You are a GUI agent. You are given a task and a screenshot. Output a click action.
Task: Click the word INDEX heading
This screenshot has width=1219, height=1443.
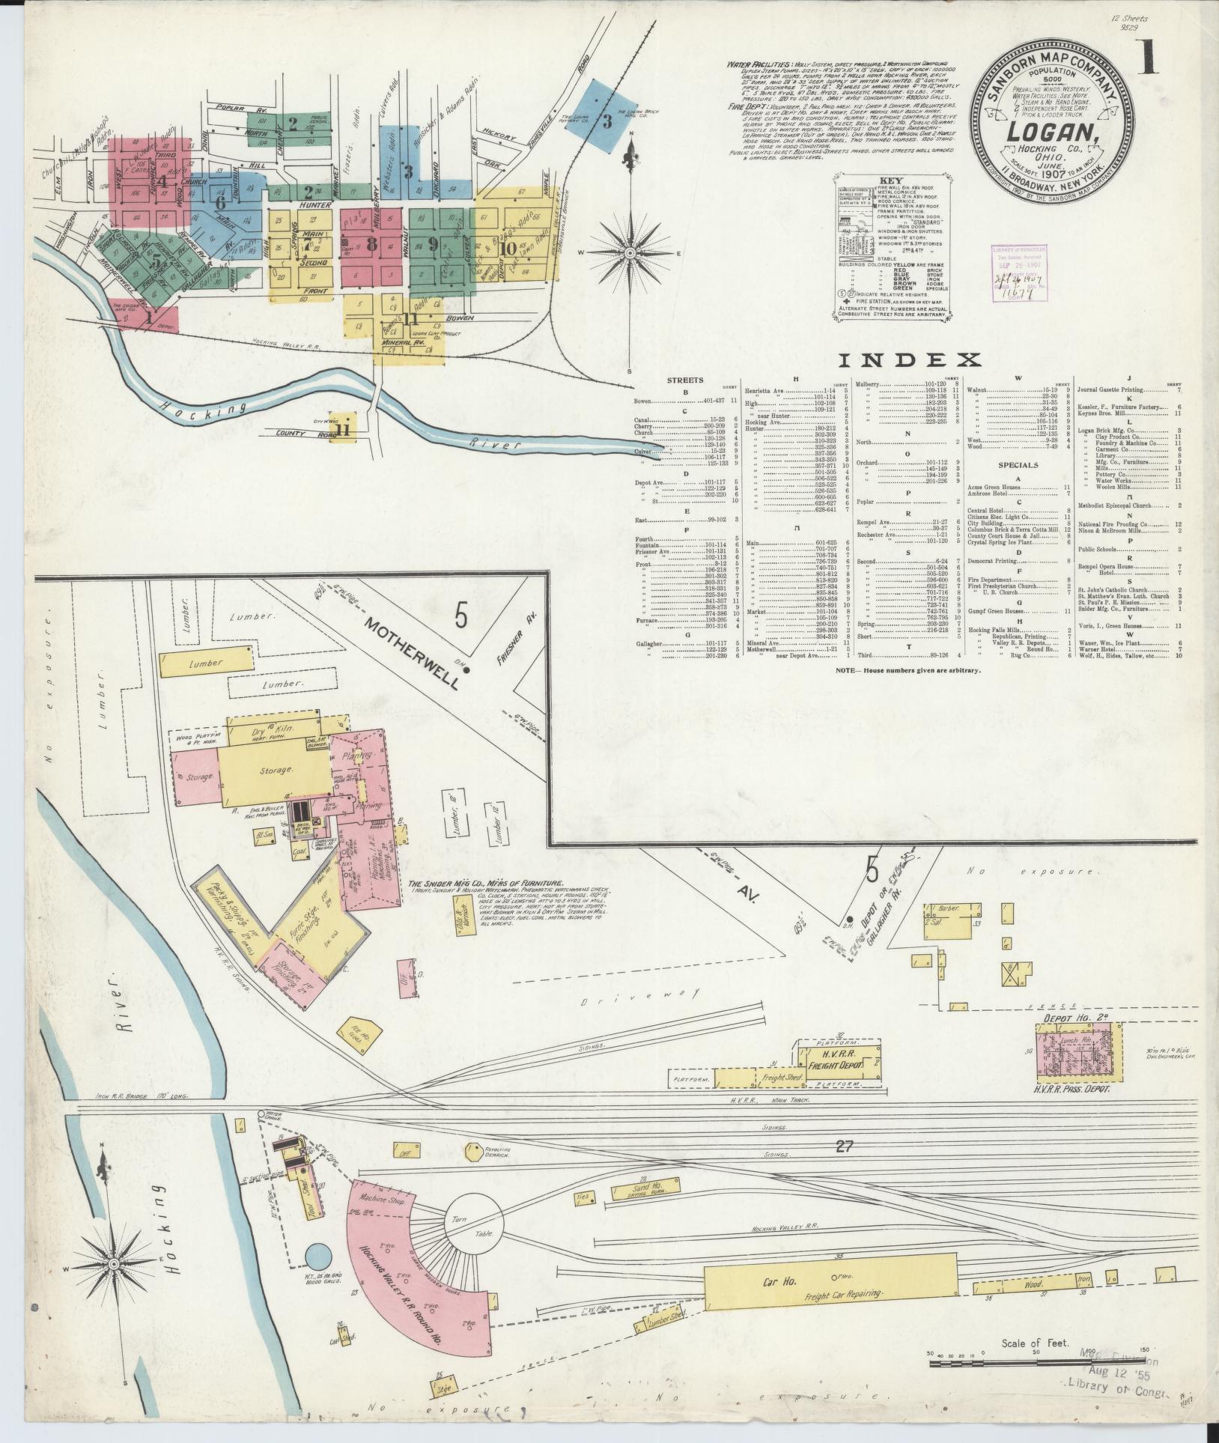click(x=908, y=361)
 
